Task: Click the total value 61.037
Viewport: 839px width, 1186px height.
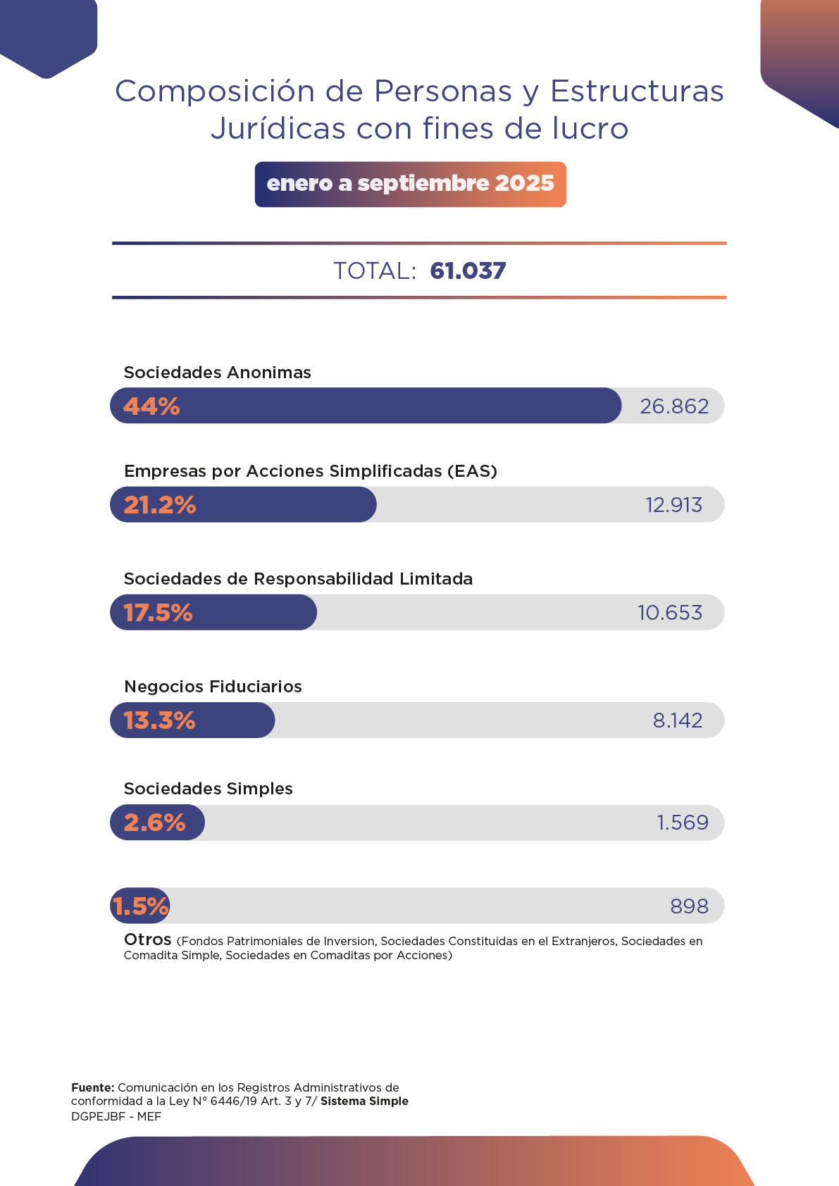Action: pyautogui.click(x=468, y=271)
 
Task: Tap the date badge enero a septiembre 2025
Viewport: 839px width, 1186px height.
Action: pyautogui.click(x=410, y=184)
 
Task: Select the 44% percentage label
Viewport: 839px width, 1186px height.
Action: pyautogui.click(x=151, y=406)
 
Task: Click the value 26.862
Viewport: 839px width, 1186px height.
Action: pyautogui.click(x=674, y=406)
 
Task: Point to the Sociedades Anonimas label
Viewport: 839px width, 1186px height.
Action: pyautogui.click(x=217, y=373)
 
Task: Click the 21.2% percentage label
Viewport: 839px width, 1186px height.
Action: pyautogui.click(x=160, y=505)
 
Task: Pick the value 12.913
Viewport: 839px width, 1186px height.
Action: pyautogui.click(x=674, y=505)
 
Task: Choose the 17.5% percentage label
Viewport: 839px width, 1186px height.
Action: pyautogui.click(x=159, y=613)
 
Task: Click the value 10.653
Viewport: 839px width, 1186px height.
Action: pyautogui.click(x=670, y=613)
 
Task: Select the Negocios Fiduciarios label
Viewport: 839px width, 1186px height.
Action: pyautogui.click(x=213, y=687)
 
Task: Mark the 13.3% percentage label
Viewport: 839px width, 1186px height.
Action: pyautogui.click(x=160, y=720)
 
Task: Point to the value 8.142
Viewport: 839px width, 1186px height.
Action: pyautogui.click(x=678, y=720)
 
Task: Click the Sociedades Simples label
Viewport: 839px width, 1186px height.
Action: pyautogui.click(x=209, y=789)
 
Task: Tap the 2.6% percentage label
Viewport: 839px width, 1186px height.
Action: pyautogui.click(x=154, y=823)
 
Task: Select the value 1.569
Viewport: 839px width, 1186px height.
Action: pyautogui.click(x=683, y=823)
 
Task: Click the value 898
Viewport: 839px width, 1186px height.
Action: pyautogui.click(x=689, y=906)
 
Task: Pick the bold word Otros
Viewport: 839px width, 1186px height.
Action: pyautogui.click(x=148, y=940)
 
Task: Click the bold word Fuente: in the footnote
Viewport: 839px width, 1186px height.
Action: pyautogui.click(x=93, y=1088)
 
